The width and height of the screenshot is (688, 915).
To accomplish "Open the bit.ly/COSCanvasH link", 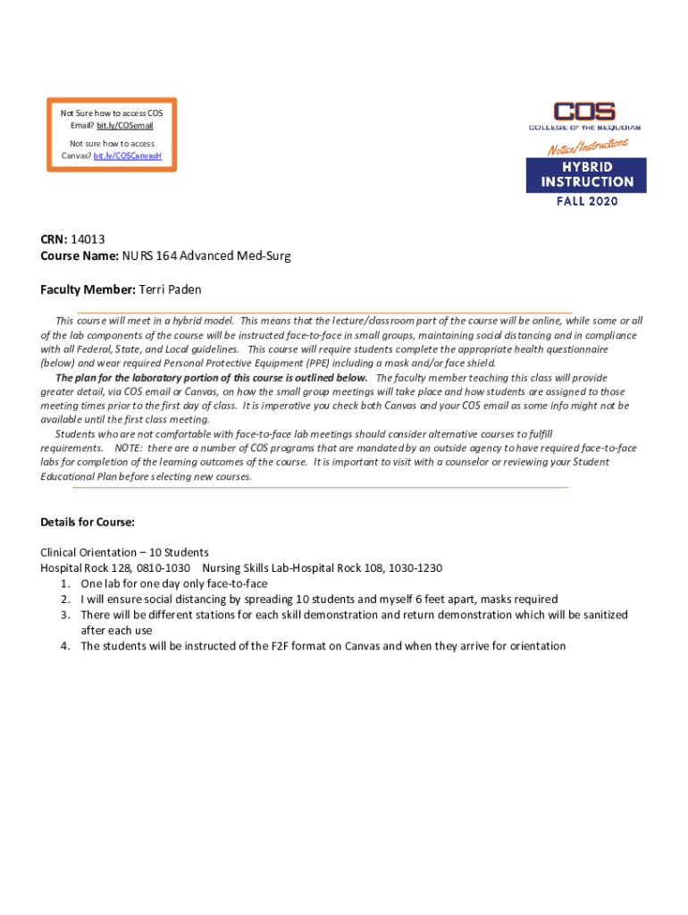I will coord(128,155).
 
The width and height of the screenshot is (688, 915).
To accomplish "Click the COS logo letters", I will coord(584,113).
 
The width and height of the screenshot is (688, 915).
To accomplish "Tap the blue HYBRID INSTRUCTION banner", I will coord(585,175).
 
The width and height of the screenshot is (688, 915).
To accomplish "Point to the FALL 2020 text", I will coord(586,201).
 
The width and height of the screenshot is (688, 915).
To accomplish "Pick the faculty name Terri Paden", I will coord(171,290).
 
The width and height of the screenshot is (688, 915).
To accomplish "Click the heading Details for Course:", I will coord(88,522).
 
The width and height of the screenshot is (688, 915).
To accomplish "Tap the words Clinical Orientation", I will coord(82,552).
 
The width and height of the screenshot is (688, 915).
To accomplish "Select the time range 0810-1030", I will coord(164,568).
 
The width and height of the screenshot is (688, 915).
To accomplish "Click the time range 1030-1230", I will coord(413,568).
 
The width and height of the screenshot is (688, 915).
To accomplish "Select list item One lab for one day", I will coord(173,583).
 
